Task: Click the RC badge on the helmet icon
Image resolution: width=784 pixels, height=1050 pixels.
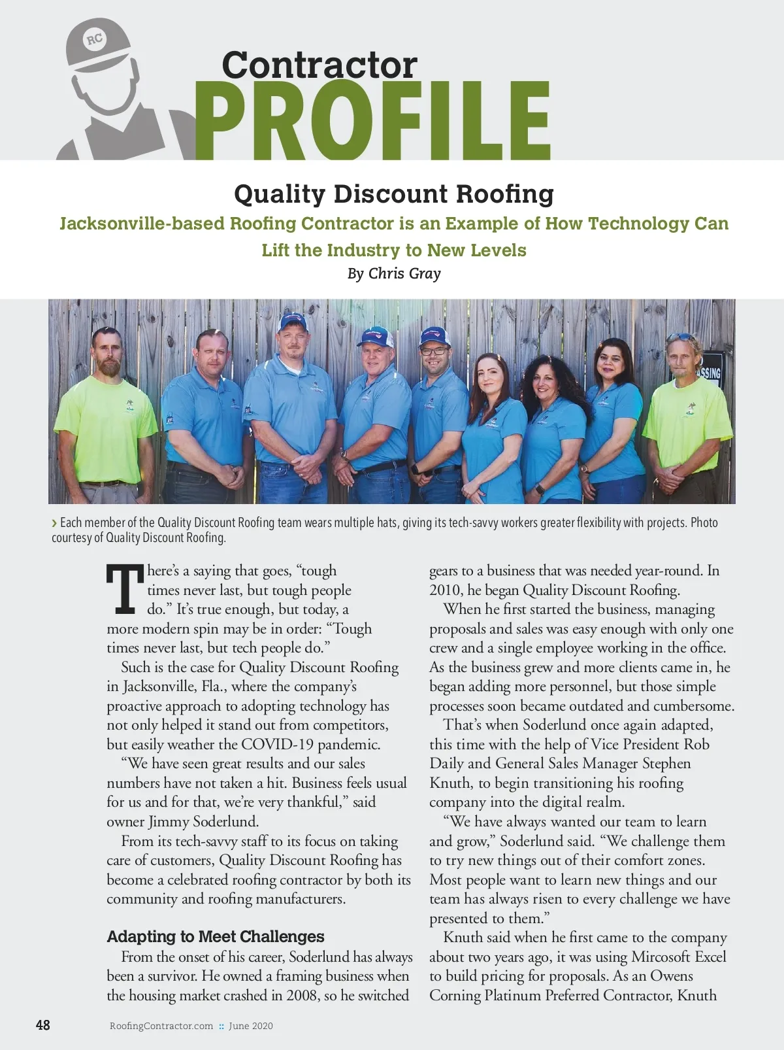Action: tap(95, 39)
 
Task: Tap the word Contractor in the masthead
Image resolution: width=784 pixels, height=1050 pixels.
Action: tap(319, 65)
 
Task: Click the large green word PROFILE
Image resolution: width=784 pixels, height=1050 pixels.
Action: tap(372, 122)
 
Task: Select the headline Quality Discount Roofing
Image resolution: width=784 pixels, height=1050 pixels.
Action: tap(393, 194)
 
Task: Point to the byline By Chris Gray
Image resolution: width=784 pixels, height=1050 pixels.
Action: tap(394, 273)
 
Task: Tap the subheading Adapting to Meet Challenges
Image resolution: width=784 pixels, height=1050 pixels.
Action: tap(216, 936)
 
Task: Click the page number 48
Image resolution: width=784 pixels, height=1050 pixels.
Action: tap(42, 1025)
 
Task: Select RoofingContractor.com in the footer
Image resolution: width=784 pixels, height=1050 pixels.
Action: tap(161, 1026)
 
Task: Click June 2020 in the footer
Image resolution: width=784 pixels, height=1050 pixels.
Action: tap(251, 1026)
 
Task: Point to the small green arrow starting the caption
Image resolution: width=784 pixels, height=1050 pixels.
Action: tap(54, 523)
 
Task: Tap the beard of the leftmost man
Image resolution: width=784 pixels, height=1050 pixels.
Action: tap(108, 367)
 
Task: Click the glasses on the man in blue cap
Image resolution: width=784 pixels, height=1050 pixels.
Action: tap(434, 351)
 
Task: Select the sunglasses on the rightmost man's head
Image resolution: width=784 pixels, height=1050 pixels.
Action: tap(682, 337)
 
